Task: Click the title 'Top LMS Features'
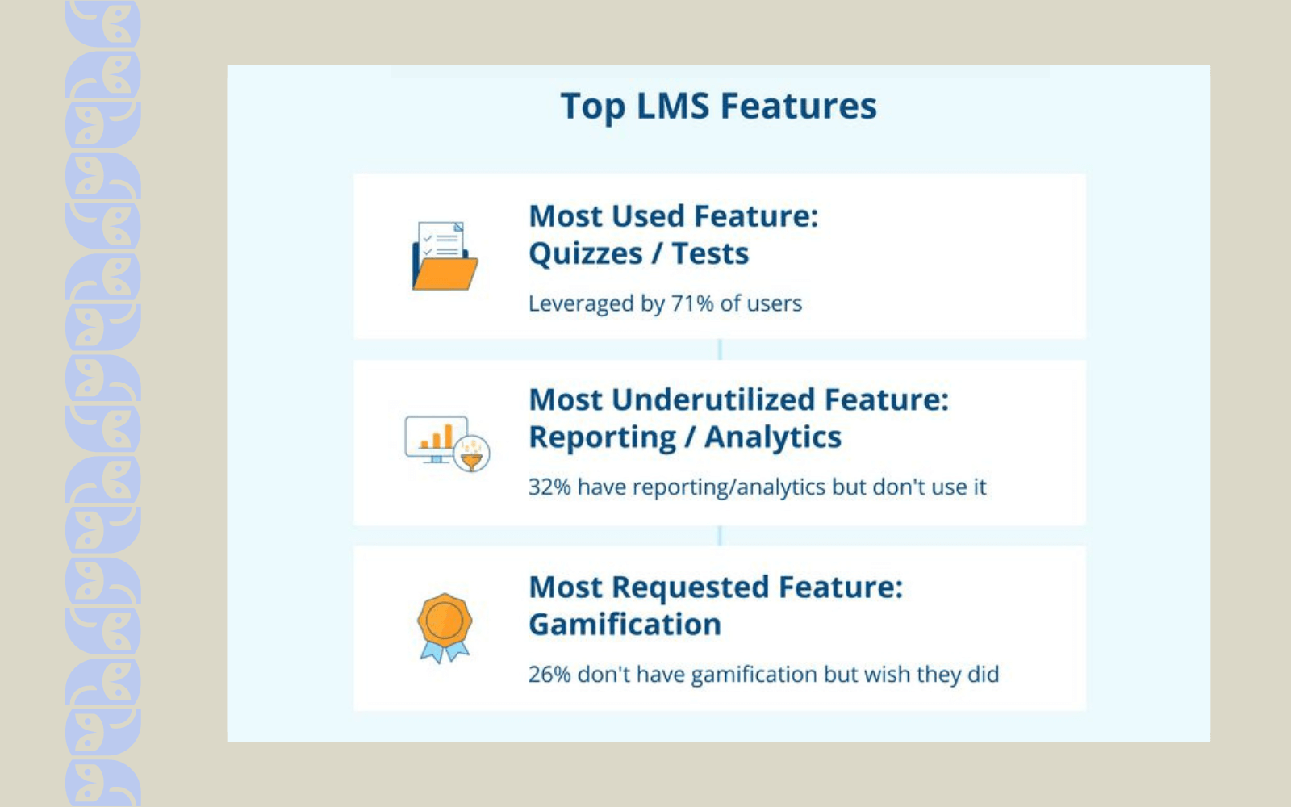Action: tap(718, 107)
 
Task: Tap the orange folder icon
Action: tap(445, 257)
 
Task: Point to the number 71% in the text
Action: tap(692, 303)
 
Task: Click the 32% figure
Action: tap(549, 487)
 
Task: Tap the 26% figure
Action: tap(549, 675)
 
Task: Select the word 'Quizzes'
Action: tap(586, 254)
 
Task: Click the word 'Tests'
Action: tap(710, 254)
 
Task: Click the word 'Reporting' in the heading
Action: tap(602, 437)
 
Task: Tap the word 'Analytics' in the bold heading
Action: tap(772, 437)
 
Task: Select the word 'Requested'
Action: tap(690, 587)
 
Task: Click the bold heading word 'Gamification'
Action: tap(625, 625)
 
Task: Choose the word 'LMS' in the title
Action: tap(672, 107)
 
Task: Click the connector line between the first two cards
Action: tap(720, 349)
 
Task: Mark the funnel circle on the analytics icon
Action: tap(472, 454)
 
